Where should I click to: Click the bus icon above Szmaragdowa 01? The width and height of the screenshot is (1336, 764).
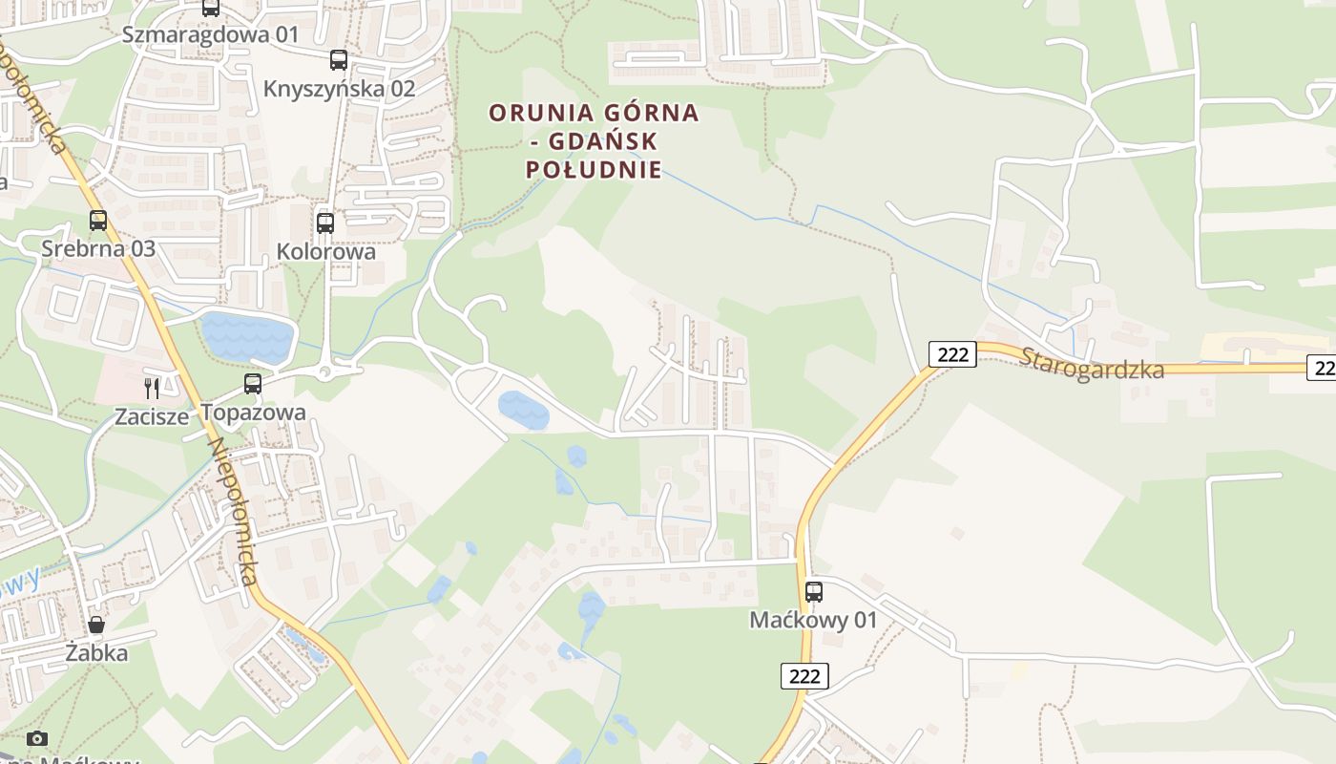click(211, 8)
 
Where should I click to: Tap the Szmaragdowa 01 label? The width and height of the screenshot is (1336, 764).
click(211, 35)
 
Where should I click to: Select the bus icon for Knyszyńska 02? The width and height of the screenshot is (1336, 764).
click(339, 60)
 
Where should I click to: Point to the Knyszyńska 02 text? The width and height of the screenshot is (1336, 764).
click(340, 89)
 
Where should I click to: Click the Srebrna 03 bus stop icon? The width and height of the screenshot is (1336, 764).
click(98, 221)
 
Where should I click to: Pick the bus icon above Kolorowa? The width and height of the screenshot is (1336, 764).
click(325, 223)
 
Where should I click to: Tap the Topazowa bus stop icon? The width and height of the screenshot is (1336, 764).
click(253, 384)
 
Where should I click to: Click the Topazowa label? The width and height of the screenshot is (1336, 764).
click(253, 413)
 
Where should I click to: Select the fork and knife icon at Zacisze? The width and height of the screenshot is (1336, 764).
click(152, 388)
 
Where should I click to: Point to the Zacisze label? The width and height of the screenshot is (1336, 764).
click(152, 416)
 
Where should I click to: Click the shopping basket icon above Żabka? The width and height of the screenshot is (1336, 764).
click(96, 626)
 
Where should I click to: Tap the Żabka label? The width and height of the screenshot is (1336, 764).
click(96, 654)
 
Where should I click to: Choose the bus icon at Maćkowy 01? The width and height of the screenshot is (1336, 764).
click(814, 592)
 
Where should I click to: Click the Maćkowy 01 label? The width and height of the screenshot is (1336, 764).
click(813, 621)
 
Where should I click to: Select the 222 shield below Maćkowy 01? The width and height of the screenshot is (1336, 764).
click(805, 676)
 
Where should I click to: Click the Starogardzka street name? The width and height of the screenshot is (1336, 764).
click(1092, 364)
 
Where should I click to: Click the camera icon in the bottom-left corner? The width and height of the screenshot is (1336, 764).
click(37, 738)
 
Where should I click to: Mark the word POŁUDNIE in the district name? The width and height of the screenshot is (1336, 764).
click(594, 171)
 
